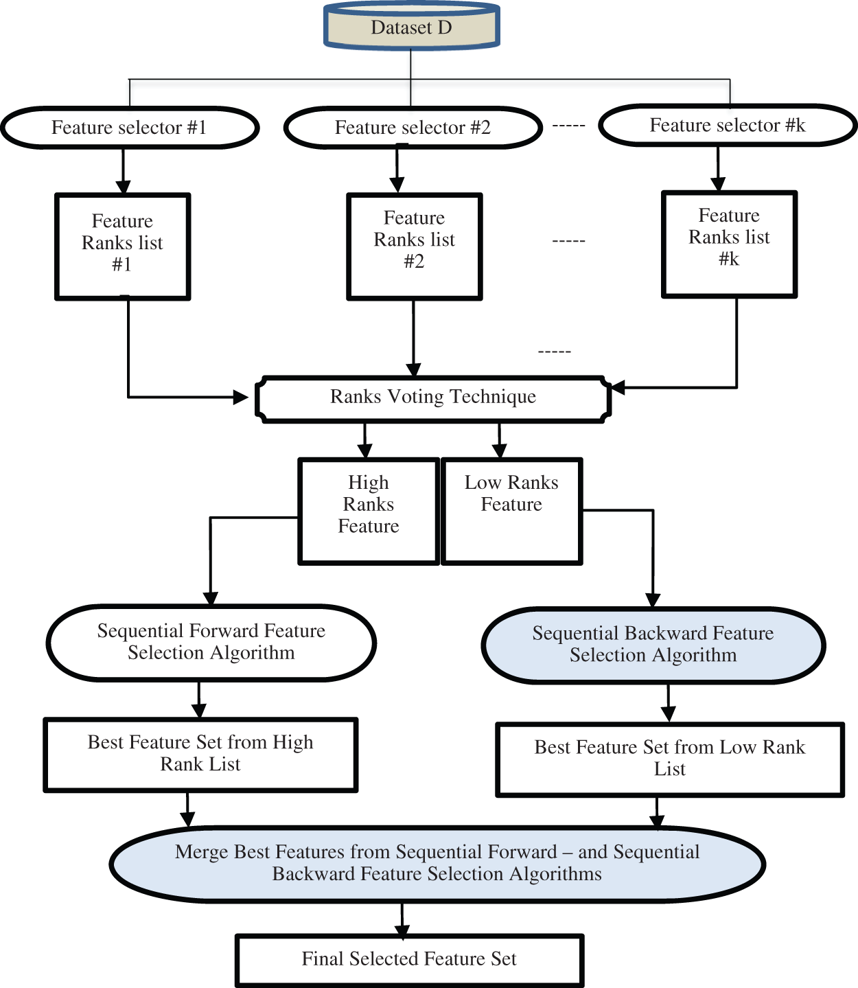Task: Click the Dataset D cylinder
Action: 411,27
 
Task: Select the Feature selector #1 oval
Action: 130,128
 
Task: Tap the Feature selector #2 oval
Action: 413,128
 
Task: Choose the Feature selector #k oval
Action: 728,126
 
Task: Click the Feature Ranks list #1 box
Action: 122,246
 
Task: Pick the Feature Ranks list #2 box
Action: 415,246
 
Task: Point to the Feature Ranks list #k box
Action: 729,244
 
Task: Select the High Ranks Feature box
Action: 369,511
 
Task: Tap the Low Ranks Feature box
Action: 511,511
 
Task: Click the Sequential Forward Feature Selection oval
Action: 211,643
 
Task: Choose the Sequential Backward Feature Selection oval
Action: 653,645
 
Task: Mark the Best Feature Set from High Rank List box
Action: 200,755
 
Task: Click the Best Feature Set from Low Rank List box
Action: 669,759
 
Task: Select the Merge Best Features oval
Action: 437,863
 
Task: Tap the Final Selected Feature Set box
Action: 409,959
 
